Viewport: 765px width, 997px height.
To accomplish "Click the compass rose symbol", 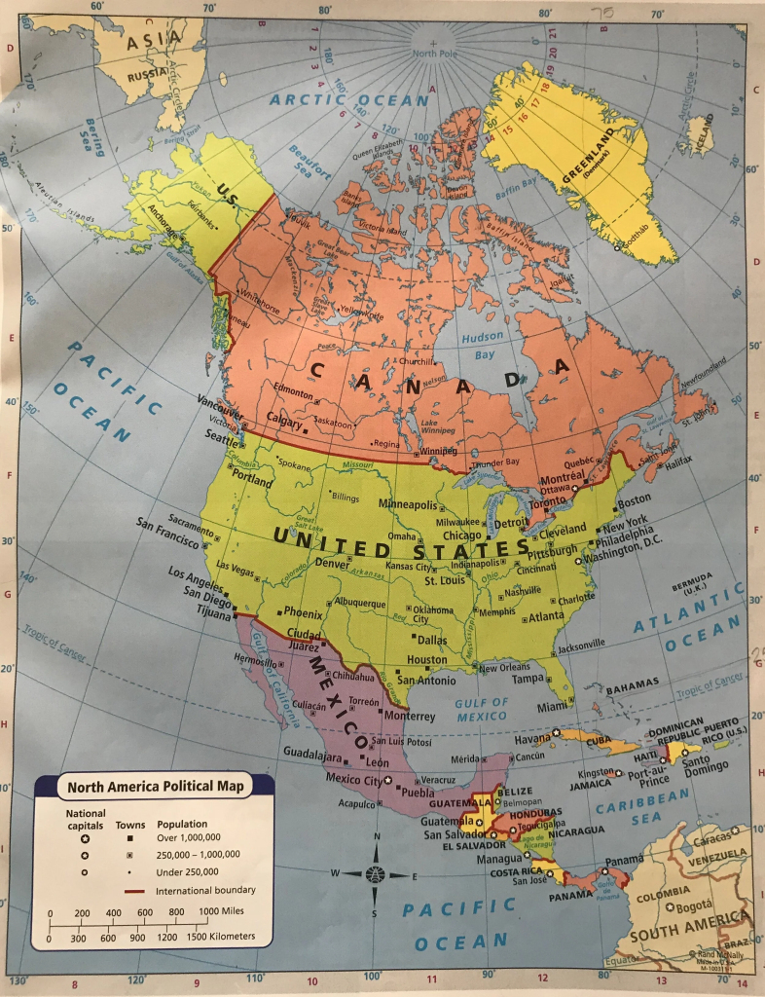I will [x=375, y=873].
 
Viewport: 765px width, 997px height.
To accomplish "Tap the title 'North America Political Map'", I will [x=155, y=785].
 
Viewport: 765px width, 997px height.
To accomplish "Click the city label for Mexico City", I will [x=354, y=778].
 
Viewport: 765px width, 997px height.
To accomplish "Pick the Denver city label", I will [x=332, y=564].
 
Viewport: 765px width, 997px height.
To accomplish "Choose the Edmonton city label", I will [x=293, y=393].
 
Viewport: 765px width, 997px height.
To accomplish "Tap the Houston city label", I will [x=426, y=659].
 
